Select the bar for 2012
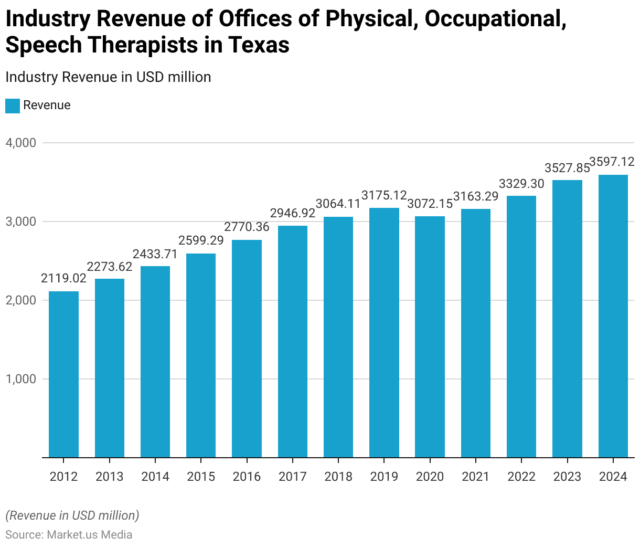63,374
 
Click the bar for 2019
384,333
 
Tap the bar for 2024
613,316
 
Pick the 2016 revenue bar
247,349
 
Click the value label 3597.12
612,162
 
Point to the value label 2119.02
63,278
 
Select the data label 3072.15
430,204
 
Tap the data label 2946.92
292,213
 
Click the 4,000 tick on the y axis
21,143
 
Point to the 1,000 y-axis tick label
21,379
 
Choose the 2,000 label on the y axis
21,300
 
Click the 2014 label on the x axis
155,477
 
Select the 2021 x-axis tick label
475,477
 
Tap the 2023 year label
567,477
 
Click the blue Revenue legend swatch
13,106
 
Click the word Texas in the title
258,45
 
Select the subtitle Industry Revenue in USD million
108,77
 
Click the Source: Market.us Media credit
69,535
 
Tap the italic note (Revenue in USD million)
72,515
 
